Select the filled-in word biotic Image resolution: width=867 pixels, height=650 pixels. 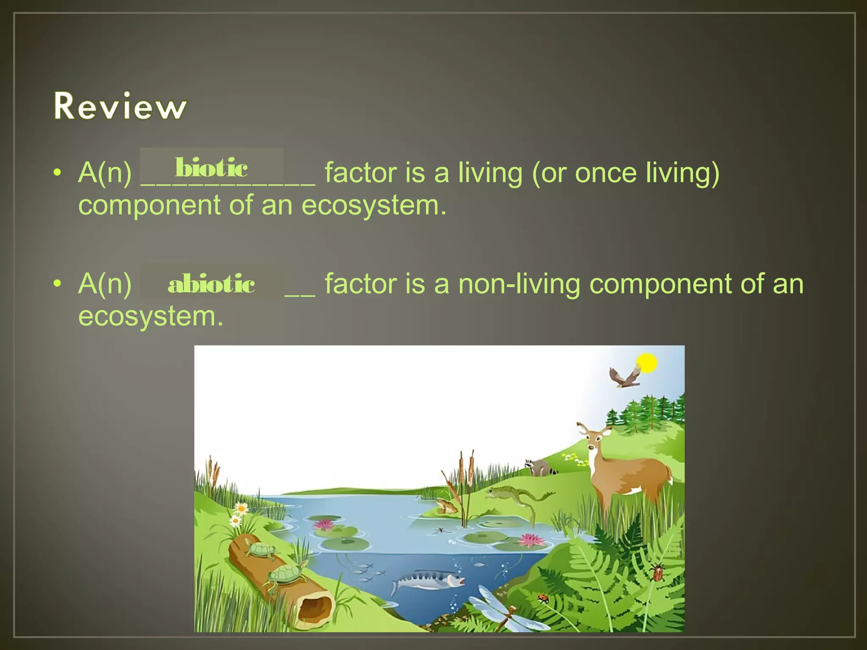click(211, 168)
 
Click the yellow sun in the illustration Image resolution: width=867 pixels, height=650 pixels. click(646, 363)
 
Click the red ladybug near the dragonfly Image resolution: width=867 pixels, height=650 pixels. click(543, 598)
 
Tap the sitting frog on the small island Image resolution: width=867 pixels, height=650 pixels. click(445, 506)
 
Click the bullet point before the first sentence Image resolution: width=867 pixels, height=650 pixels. click(58, 173)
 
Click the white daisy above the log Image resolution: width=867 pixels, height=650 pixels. click(241, 507)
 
